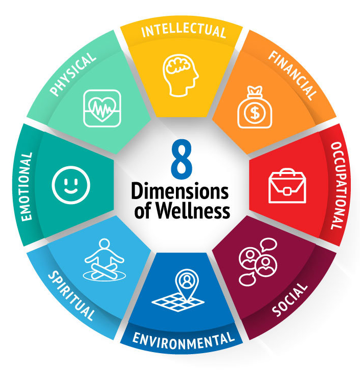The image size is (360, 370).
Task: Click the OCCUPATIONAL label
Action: coord(335,185)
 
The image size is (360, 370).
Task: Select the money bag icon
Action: coord(255,108)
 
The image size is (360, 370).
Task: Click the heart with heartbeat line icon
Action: coord(102,107)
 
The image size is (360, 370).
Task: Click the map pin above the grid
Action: coord(187,281)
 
